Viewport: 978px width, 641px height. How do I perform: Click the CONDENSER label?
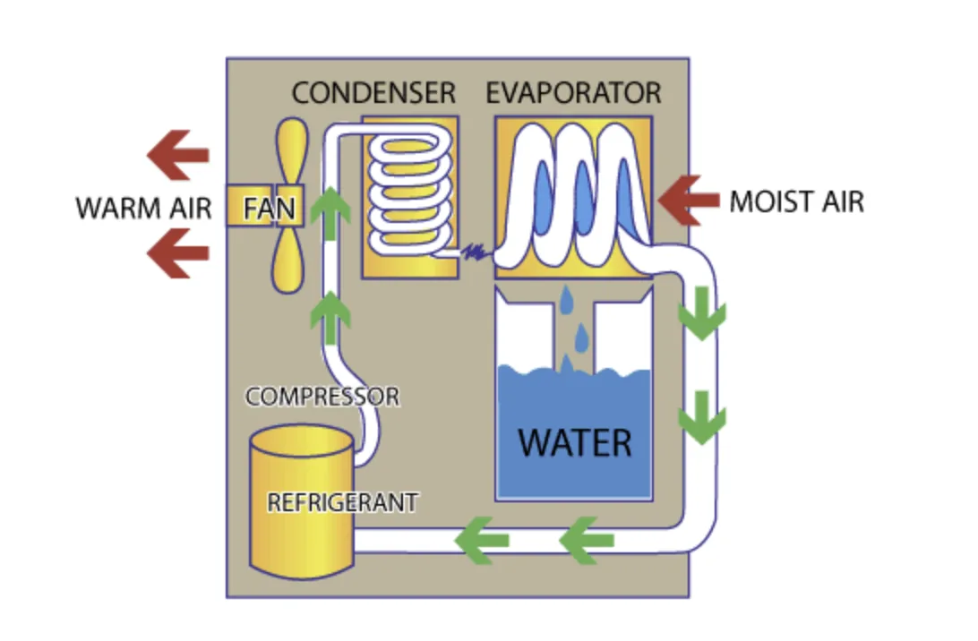pyautogui.click(x=373, y=92)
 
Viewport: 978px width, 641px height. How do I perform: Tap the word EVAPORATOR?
pyautogui.click(x=573, y=92)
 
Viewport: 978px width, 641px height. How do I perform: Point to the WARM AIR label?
pyautogui.click(x=144, y=208)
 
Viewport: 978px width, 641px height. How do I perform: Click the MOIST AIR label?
pyautogui.click(x=796, y=201)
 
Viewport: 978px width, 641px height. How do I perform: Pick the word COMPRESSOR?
pyautogui.click(x=322, y=396)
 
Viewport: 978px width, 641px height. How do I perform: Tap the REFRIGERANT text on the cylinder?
pyautogui.click(x=342, y=502)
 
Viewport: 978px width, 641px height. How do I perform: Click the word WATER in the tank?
pyautogui.click(x=574, y=442)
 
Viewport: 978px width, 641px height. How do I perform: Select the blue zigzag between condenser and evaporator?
pyautogui.click(x=474, y=254)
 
